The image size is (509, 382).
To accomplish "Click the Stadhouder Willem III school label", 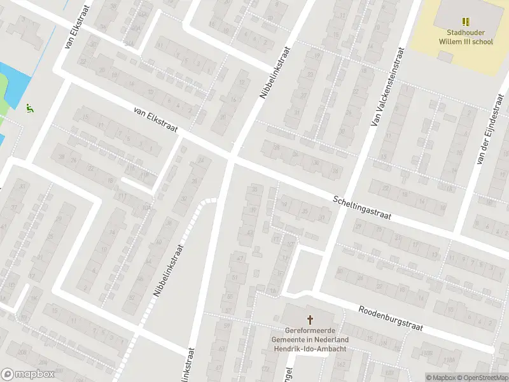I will click(466, 36).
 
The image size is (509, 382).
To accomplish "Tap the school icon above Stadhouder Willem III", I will click(466, 21).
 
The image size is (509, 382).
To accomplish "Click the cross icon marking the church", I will click(311, 319).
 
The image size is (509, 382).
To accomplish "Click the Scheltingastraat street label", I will click(361, 208).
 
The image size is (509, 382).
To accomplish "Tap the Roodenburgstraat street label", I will click(391, 318).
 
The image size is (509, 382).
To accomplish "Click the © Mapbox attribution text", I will click(441, 378).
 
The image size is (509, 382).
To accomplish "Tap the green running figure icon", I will click(29, 108).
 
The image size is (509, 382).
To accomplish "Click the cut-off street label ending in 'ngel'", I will click(288, 372).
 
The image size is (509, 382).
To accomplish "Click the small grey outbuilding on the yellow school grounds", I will click(447, 57).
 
